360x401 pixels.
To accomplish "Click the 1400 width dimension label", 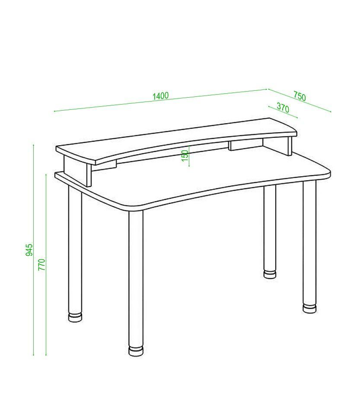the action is coord(161,96).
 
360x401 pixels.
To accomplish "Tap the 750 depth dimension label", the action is coord(299,96).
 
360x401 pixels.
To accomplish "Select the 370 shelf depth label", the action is coord(283,108).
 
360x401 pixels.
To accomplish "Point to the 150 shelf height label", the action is coord(185,156).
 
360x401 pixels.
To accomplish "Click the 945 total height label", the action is coord(29,250).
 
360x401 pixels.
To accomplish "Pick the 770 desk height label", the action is coord(41,265).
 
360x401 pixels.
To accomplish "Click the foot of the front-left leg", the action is coord(136,351).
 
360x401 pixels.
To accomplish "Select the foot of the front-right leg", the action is coord(309,308).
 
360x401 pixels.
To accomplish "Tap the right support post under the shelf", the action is coord(290,146).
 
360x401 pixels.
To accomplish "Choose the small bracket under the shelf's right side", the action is coord(245,145).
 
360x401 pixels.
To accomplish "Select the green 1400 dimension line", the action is coord(161,100).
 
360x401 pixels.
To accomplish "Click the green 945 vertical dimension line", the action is coord(33,250).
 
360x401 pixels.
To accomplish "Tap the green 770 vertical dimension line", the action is coord(46,265).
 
